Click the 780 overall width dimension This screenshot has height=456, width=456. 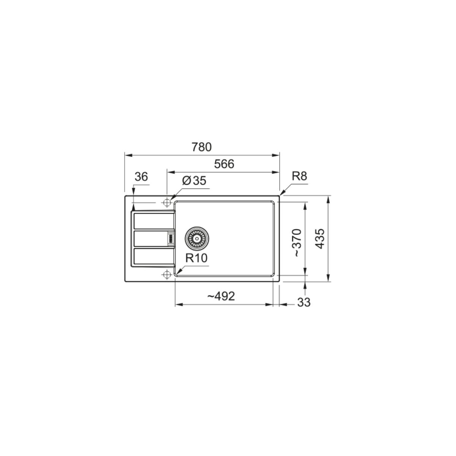point(202,147)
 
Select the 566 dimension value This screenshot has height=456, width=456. point(224,164)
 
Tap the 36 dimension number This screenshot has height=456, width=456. point(141,177)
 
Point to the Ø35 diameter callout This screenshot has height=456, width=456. point(194,180)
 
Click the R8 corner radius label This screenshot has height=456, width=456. point(299,176)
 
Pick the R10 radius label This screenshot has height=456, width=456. point(196,258)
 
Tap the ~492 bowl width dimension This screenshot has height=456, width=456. point(221,296)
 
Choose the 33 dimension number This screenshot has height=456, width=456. point(304,302)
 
